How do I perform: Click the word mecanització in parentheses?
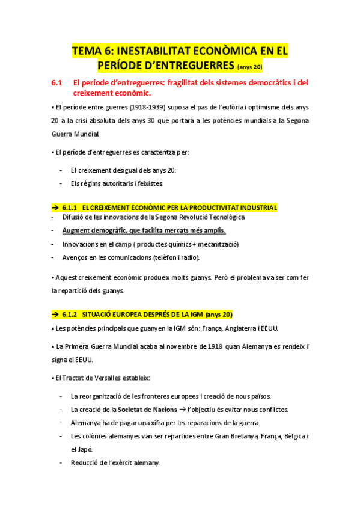coord(216,244)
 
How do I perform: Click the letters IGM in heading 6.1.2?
coord(191,315)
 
